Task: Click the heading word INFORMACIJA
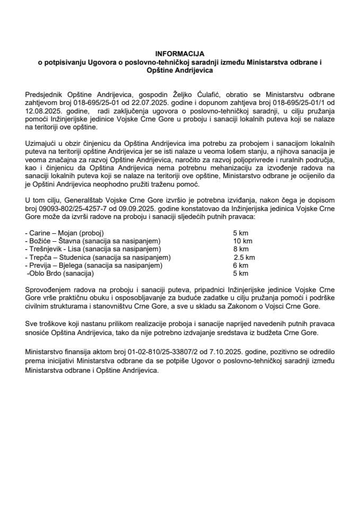click(x=179, y=54)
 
